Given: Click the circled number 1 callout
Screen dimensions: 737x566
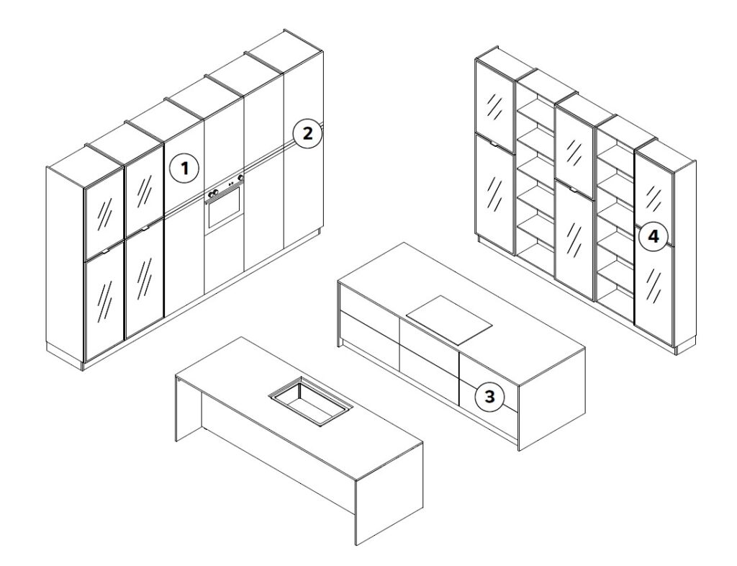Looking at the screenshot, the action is point(184,168).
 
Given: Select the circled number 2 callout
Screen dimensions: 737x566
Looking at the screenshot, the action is point(307,134).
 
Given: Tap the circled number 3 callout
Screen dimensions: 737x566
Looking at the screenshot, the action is point(489,396).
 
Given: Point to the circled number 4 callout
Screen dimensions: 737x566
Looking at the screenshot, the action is point(654,236).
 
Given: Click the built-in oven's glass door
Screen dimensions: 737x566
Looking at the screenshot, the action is point(225,208).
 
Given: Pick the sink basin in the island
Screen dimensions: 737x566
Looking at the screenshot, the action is point(309,401).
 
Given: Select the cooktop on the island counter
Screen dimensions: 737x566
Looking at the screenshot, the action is point(449,319).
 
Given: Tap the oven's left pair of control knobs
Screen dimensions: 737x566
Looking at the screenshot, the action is point(212,193).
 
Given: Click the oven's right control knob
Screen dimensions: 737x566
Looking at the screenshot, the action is point(240,178).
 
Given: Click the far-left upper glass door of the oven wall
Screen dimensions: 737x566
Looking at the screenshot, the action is point(104,215).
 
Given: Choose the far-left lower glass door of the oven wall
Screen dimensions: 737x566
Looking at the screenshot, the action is point(104,302).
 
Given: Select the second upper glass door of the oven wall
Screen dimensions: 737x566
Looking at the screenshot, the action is point(144,187).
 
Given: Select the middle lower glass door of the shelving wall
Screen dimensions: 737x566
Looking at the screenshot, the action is point(575,239).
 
